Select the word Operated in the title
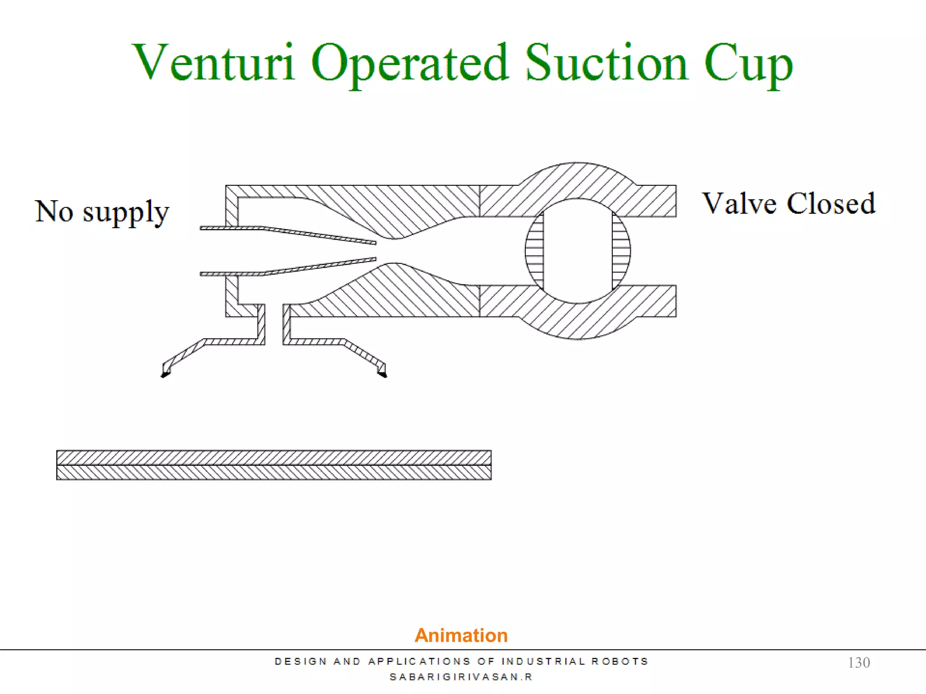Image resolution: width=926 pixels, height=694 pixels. point(410,63)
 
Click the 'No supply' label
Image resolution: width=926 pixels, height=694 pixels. point(102,211)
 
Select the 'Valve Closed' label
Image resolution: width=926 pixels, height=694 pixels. point(789,203)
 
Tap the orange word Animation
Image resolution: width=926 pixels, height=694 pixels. point(461,635)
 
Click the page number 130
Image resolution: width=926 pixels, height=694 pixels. point(859,662)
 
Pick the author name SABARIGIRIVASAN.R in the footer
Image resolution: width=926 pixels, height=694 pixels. point(461,677)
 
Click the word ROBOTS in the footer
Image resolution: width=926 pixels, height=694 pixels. point(620,661)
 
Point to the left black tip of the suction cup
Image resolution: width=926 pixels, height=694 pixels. point(165,373)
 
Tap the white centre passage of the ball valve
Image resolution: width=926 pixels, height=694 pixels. point(578,251)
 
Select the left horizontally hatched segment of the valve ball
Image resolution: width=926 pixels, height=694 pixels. point(534,251)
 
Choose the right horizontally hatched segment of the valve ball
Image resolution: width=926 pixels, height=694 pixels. point(621,251)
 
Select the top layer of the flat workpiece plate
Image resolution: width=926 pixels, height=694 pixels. point(274,458)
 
